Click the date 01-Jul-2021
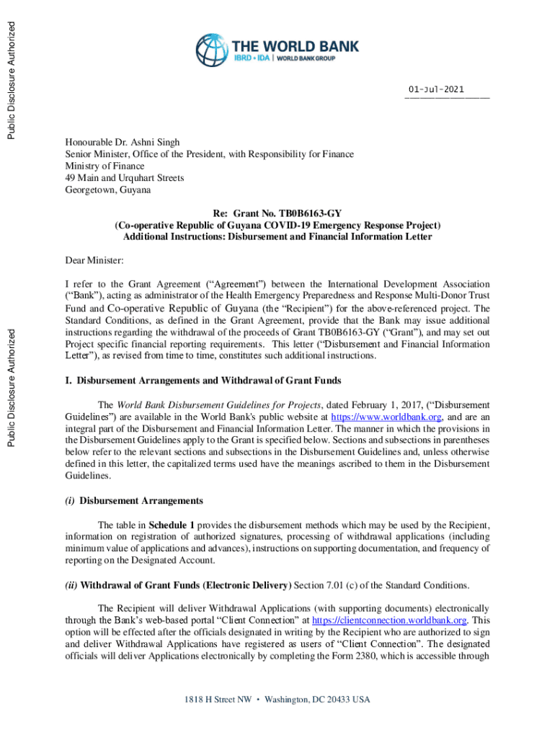[436, 89]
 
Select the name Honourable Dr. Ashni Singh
[123, 143]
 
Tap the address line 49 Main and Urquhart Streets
[125, 177]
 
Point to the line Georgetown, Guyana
[108, 190]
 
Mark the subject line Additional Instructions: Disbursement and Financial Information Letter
[277, 237]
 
